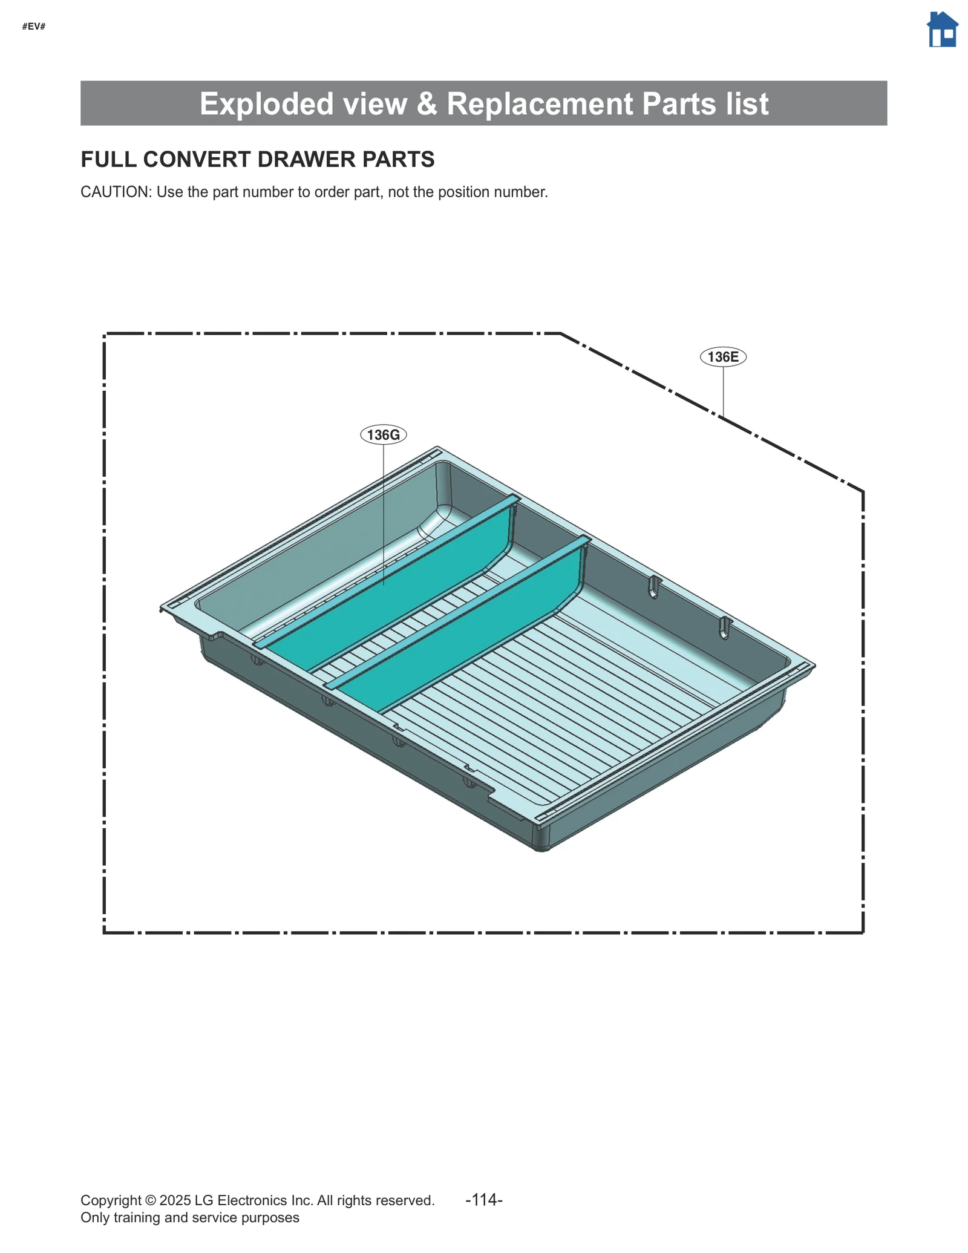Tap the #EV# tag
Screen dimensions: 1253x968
34,27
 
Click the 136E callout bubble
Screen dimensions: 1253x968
722,357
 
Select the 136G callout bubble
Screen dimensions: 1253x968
383,434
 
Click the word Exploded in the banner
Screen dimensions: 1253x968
266,103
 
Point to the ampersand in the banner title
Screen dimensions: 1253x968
427,103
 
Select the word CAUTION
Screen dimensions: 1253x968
115,192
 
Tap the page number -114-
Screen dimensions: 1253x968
483,1199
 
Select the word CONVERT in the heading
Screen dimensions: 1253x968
197,159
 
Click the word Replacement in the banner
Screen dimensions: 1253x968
540,103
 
